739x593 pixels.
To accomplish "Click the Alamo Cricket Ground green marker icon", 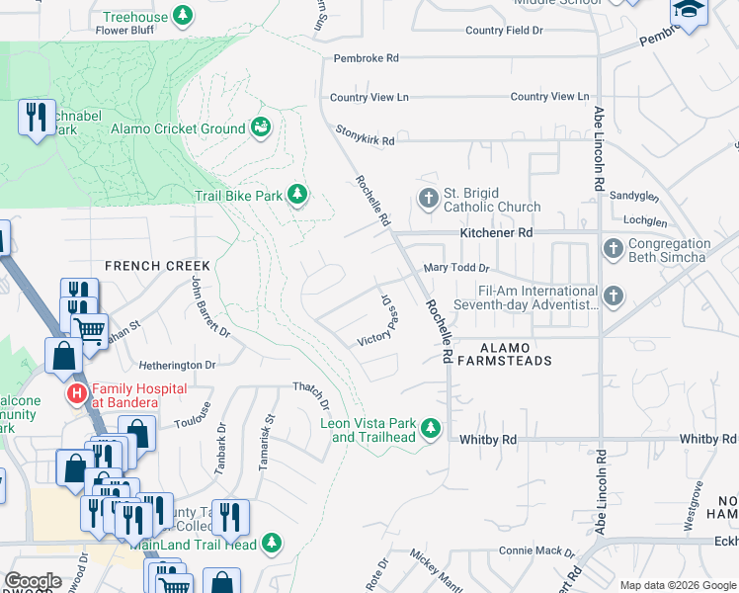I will point(262,127).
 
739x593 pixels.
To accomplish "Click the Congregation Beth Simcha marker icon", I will point(613,249).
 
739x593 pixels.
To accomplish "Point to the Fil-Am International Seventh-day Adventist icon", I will point(613,296).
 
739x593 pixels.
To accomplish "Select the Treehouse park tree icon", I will point(182,15).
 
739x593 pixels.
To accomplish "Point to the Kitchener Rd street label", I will point(496,233).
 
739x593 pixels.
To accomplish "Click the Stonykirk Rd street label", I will point(365,141).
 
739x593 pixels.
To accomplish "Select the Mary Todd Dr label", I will point(456,268).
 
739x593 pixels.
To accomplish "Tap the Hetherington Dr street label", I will point(177,365).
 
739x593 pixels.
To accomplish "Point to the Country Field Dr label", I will point(504,31).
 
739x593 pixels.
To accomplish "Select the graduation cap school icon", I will point(689,12).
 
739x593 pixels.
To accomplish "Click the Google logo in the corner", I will point(33,581).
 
